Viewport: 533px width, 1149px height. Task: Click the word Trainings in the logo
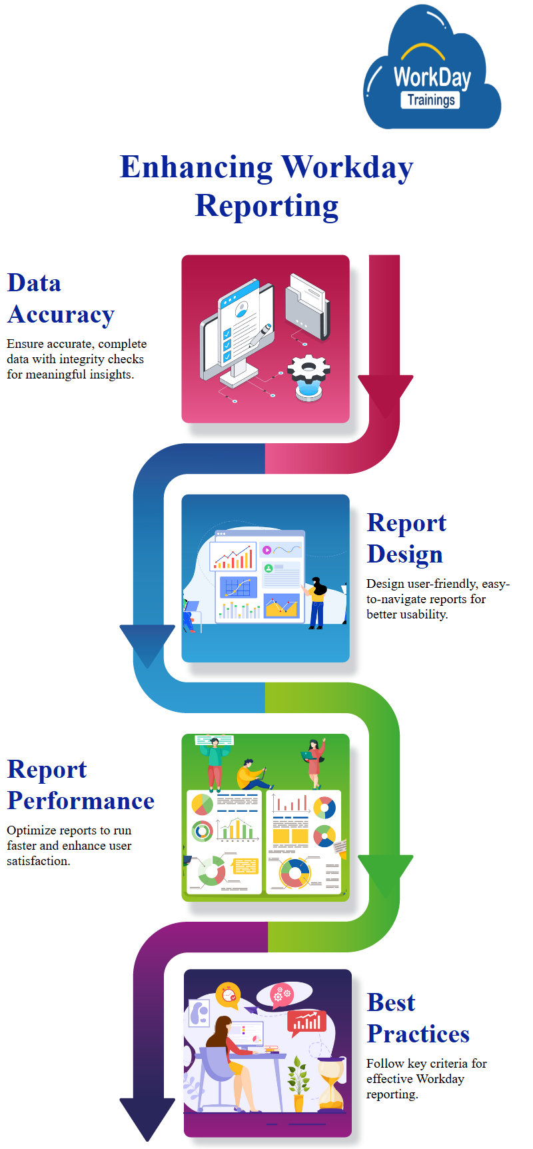(x=431, y=100)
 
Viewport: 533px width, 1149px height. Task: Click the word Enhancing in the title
(x=196, y=167)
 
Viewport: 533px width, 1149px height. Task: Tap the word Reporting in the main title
(x=266, y=206)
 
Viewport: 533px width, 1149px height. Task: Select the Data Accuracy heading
(x=61, y=299)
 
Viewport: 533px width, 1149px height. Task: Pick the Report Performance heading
(x=81, y=785)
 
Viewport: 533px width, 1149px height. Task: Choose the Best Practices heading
(x=418, y=1018)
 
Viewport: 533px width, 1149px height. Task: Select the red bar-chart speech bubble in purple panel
(x=307, y=1022)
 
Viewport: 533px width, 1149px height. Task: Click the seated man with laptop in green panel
(x=252, y=774)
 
